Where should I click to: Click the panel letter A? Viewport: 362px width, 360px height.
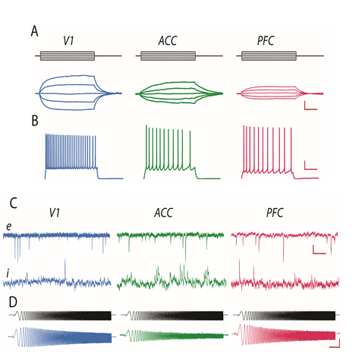pos(34,32)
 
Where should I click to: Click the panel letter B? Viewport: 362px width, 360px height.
pos(35,121)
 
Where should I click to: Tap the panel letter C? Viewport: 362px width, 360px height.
pos(14,204)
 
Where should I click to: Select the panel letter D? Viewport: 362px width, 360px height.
pos(13,302)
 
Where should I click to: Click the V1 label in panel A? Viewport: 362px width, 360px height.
pos(68,40)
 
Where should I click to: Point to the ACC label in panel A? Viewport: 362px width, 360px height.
pos(168,40)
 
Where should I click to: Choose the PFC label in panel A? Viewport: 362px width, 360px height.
pos(266,40)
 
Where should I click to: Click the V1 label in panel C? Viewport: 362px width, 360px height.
pos(55,213)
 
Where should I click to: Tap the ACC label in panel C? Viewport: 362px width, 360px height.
pos(164,213)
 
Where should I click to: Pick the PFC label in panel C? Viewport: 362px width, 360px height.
pos(275,213)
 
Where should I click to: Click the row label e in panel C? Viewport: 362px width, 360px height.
pos(9,226)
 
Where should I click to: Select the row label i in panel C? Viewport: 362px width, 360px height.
pos(8,273)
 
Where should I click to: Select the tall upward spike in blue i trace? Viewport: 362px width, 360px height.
pos(65,269)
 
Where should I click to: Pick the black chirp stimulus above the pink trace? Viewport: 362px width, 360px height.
pos(286,315)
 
